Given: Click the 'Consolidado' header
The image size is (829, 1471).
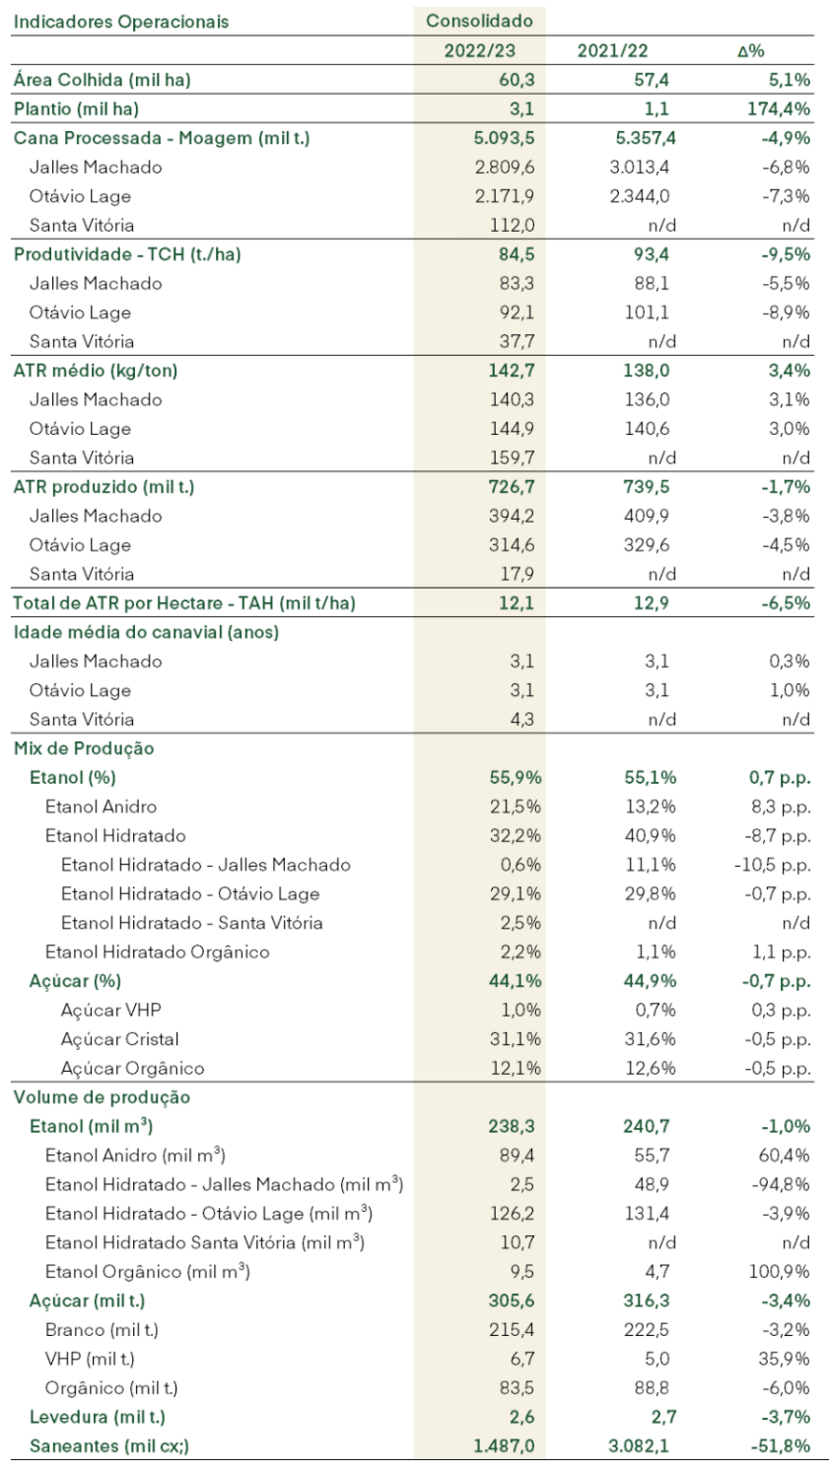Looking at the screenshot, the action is click(479, 21).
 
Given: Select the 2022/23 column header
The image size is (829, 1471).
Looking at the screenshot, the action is click(479, 50).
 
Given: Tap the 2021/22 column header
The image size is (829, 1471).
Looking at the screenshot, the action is click(612, 50).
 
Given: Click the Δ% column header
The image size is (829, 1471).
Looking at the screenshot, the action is click(751, 51).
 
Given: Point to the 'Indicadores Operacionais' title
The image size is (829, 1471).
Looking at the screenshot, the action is click(121, 22).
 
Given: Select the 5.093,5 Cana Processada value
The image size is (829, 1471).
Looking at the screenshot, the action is click(504, 138).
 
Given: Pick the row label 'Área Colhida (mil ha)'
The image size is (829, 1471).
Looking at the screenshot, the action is click(103, 80).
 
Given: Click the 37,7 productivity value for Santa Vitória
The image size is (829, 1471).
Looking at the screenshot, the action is click(517, 341).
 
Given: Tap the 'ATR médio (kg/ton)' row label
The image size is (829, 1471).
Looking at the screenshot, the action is click(96, 371).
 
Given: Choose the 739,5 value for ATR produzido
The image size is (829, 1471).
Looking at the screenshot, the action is click(647, 487).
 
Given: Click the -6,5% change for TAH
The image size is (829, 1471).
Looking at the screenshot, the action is click(786, 602).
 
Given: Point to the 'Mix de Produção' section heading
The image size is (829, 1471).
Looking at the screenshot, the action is click(84, 748).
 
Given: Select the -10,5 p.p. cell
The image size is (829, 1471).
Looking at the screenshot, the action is click(773, 865).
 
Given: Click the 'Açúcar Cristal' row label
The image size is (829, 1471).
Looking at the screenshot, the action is click(119, 1039).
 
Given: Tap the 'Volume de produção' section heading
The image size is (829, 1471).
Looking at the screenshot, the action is click(102, 1097).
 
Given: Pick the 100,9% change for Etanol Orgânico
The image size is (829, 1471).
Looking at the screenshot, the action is click(779, 1272).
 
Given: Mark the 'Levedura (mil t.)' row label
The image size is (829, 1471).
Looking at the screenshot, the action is click(98, 1417).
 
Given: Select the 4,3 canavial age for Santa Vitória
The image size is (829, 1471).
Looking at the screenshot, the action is click(522, 719).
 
